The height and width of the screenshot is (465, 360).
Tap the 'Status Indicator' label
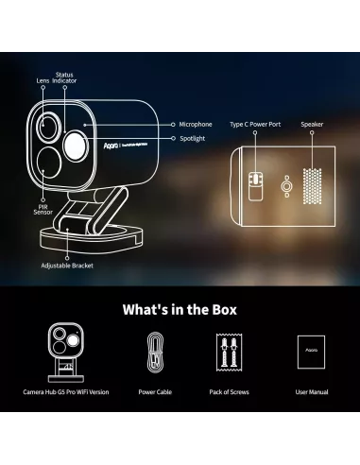click(x=65, y=77)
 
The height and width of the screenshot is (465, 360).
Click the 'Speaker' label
click(x=312, y=124)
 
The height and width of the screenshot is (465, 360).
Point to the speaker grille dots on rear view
click(x=311, y=176)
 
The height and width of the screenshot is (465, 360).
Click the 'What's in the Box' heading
click(x=180, y=310)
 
